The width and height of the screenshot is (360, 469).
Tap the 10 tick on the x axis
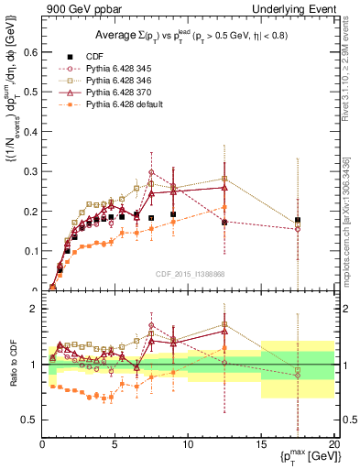point(188,443)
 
